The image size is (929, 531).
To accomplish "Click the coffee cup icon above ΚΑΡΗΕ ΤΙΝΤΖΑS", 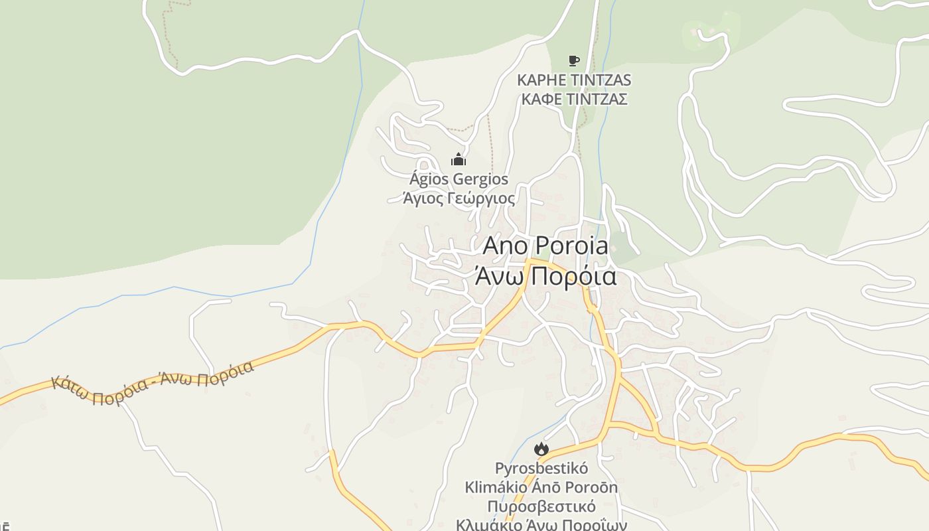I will pos(574,61).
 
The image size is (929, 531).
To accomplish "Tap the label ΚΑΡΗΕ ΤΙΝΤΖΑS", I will pos(574,80).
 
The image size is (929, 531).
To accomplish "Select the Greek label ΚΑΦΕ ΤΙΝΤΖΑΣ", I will pos(574,100).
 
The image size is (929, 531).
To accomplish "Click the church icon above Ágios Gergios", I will pos(459,159).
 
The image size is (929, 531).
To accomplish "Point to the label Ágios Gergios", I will pos(459,179).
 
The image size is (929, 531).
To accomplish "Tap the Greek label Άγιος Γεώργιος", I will pos(459,198).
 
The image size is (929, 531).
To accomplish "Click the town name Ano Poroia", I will pos(545,246).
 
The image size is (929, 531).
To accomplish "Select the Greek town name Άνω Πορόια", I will pos(545,276).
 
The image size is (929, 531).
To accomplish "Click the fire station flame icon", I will pos(541,449).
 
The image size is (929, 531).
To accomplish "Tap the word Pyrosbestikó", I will pos(541,469).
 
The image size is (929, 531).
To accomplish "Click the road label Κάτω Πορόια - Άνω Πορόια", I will pos(153,384).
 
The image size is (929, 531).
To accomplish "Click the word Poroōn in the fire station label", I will pos(590,488).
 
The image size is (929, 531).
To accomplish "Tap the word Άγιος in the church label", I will pos(422,198).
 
